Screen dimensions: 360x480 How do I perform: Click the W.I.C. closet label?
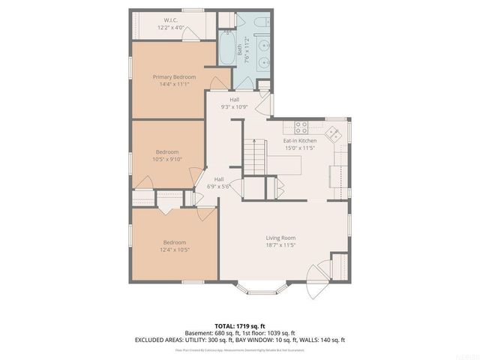pos(170,20)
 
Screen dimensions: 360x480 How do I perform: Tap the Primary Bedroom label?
pos(174,77)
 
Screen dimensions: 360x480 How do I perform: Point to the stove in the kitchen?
pos(301,127)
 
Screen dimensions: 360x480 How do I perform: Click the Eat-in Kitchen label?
pos(299,141)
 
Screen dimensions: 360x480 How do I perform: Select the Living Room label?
pos(280,238)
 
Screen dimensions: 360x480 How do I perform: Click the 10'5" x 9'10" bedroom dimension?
pos(167,159)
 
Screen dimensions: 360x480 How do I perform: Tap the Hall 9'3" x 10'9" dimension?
pos(234,107)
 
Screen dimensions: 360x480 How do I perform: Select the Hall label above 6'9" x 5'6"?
pos(219,179)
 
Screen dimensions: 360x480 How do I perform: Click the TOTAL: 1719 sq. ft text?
pos(240,326)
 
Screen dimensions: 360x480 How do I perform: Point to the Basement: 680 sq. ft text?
pos(210,333)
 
